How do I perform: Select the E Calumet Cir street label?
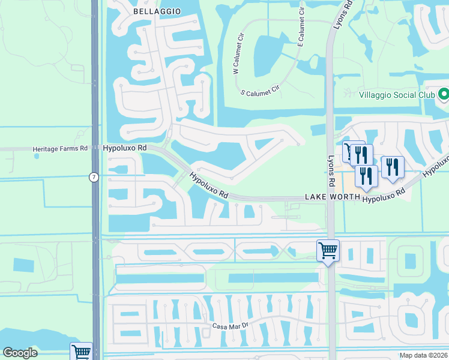tap(301, 35)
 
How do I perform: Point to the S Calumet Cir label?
tap(260, 91)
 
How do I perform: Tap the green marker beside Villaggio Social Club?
tap(444, 95)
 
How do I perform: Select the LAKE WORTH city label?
tap(332, 197)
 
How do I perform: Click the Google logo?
tap(20, 353)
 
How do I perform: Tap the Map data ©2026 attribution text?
tap(423, 355)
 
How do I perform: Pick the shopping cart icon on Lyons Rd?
tap(328, 250)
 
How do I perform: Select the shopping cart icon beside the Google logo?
tap(81, 352)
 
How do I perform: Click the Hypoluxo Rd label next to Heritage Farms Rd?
tap(125, 147)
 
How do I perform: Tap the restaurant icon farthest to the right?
tap(392, 166)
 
